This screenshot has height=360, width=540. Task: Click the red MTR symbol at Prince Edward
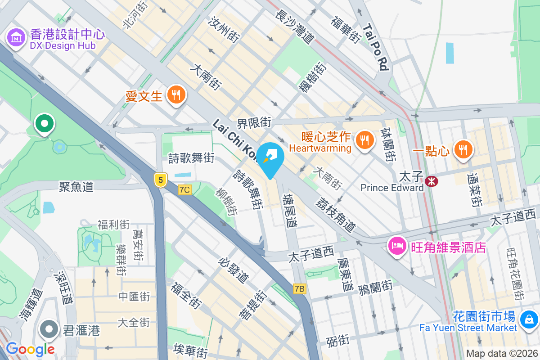pyautogui.click(x=432, y=181)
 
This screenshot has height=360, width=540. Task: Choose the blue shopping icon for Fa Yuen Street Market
pyautogui.click(x=528, y=320)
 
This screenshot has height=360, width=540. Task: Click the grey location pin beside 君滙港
pyautogui.click(x=49, y=330)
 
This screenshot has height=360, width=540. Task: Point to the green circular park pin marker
pyautogui.click(x=45, y=123)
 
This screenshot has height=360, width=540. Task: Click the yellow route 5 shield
pyautogui.click(x=160, y=180)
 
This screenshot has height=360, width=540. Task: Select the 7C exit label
pyautogui.click(x=184, y=190)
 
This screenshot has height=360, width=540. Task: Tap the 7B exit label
pyautogui.click(x=300, y=289)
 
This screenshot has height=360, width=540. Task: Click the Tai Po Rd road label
pyautogui.click(x=375, y=47)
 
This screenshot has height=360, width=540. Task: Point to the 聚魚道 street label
pyautogui.click(x=76, y=186)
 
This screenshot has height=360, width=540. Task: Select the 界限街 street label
pyautogui.click(x=255, y=122)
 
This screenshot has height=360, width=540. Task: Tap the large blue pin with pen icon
pyautogui.click(x=270, y=160)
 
